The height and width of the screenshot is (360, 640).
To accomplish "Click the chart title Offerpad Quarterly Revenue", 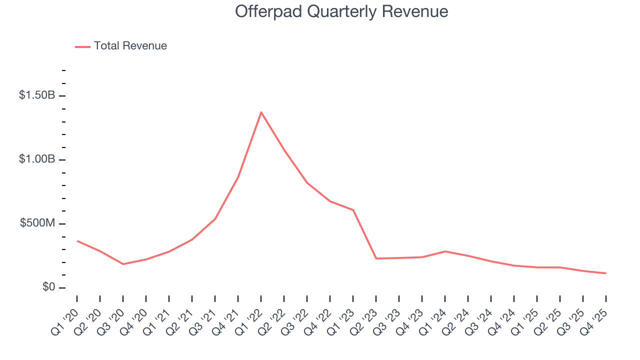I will click(341, 11).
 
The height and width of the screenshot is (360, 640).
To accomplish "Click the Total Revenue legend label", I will click(130, 46).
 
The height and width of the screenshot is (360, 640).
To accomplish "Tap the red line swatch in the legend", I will click(82, 46).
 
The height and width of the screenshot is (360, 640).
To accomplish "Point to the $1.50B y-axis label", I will click(36, 95).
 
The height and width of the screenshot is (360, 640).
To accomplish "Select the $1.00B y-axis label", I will click(36, 159).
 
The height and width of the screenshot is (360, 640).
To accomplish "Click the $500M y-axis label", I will click(37, 223).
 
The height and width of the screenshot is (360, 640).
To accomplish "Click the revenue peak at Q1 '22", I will click(261, 112).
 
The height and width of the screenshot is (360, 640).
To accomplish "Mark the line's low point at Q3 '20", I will click(123, 264).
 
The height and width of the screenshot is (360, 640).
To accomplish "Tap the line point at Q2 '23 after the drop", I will click(376, 258).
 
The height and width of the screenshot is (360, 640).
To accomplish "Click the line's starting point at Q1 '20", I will click(77, 241).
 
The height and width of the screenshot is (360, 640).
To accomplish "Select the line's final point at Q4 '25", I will click(606, 273).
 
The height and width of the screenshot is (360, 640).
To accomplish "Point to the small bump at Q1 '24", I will click(445, 251).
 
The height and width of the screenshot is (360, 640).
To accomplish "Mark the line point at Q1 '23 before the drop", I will click(353, 210).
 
